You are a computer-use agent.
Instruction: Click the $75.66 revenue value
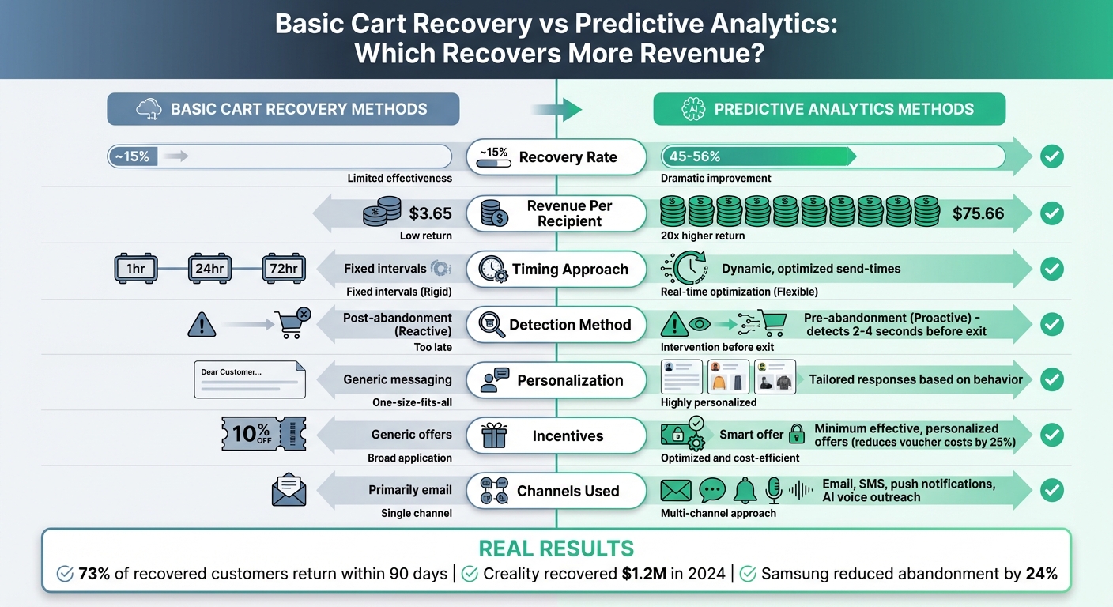pos(979,213)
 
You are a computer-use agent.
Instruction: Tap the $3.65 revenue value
pos(431,213)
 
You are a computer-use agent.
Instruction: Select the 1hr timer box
pos(136,269)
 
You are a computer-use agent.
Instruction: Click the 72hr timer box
pos(284,269)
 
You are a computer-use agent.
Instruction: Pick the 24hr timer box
pos(209,269)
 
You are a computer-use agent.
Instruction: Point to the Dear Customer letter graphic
pos(250,379)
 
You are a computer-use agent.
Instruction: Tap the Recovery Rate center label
pos(567,157)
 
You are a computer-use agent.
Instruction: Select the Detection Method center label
pos(569,325)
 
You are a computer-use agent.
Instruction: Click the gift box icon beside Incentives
pos(495,435)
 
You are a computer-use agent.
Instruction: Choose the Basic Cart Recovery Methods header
pos(283,109)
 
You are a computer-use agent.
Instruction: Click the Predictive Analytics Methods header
pos(829,109)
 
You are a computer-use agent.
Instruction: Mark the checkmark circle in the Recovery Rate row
pos(1051,157)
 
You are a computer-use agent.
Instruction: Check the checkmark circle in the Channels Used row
pos(1051,491)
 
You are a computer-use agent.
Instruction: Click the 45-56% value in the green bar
pos(695,156)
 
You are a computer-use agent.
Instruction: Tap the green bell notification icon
pos(745,491)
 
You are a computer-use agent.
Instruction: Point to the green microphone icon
pos(774,491)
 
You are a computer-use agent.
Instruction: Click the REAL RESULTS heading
pos(556,549)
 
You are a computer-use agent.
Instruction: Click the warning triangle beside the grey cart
pos(202,324)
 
